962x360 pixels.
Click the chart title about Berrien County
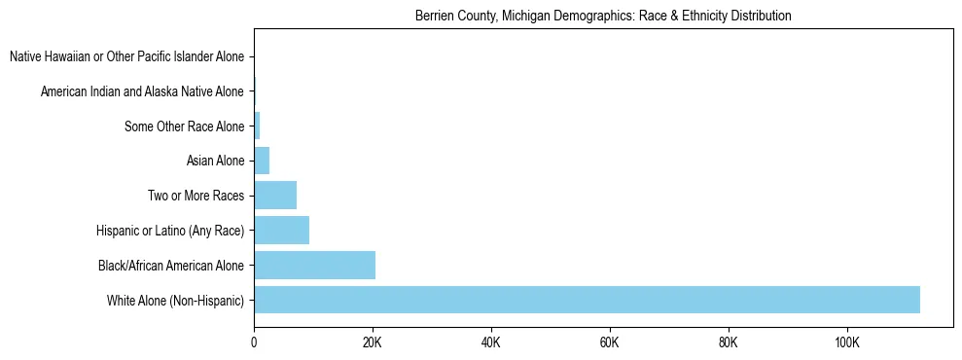[603, 17]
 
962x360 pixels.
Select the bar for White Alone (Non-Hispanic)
[587, 300]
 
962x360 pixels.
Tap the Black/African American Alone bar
[314, 265]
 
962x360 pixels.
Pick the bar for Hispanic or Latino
[281, 231]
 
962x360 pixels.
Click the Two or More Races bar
[275, 196]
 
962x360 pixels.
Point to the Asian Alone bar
[262, 161]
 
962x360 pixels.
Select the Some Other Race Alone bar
[257, 126]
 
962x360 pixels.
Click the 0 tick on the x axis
[254, 342]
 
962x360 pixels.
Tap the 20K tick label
[373, 342]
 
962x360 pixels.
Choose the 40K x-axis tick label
[491, 342]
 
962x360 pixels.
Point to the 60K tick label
[610, 342]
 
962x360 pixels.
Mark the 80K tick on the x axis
[728, 342]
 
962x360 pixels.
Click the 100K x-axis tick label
[846, 342]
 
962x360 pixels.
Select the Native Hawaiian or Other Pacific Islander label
[126, 57]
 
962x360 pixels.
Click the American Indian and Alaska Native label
[142, 92]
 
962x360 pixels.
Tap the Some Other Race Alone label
[184, 126]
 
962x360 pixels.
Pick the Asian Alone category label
[215, 161]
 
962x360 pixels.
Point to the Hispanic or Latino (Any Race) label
[170, 231]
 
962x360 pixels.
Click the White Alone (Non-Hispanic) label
[175, 300]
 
